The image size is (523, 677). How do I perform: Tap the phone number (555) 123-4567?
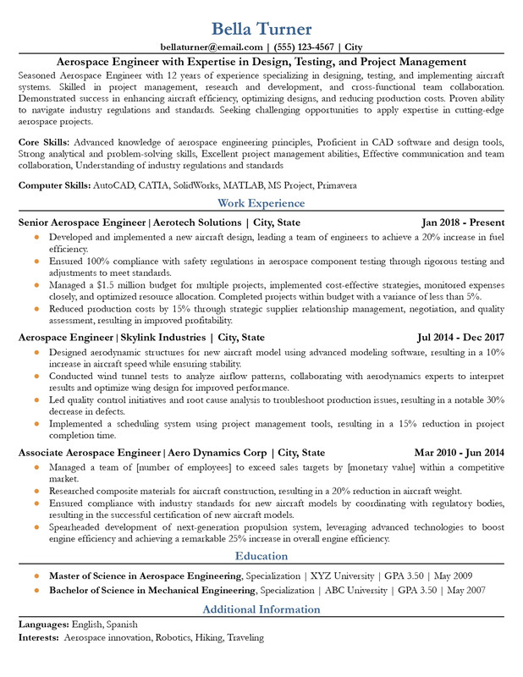(x=303, y=47)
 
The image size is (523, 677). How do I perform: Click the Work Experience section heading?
(x=261, y=203)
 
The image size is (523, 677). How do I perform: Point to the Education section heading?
(x=261, y=556)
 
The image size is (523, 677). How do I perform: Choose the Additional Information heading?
(x=261, y=609)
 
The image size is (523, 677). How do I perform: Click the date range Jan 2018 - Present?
(x=463, y=223)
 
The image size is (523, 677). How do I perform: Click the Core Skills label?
(x=47, y=141)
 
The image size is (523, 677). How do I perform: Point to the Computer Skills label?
(x=54, y=184)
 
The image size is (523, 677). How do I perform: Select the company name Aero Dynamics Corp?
(x=217, y=452)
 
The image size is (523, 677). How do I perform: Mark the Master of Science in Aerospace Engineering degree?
(x=146, y=575)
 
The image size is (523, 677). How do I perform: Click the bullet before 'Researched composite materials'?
(x=36, y=490)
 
